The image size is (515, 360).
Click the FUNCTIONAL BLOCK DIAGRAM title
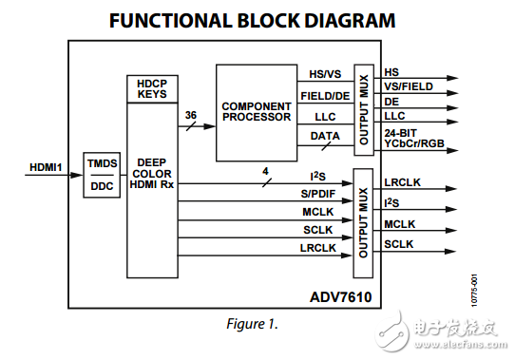pyautogui.click(x=252, y=20)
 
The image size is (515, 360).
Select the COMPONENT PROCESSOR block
pyautogui.click(x=256, y=111)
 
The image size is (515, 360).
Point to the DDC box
pyautogui.click(x=102, y=185)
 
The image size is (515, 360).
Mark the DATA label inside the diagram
pyautogui.click(x=325, y=138)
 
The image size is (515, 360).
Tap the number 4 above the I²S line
pyautogui.click(x=265, y=170)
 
